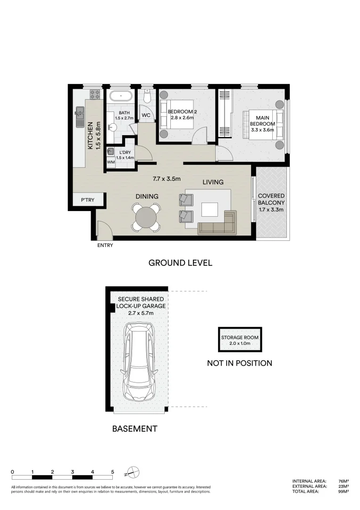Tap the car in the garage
(140, 362)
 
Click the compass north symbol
(134, 472)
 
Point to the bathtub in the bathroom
(121, 96)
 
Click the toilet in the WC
(148, 97)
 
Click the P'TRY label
(87, 200)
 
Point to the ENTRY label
(105, 246)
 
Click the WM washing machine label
(111, 162)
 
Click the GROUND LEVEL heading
(180, 263)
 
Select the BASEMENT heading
(134, 429)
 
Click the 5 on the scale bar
(112, 472)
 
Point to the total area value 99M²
(343, 492)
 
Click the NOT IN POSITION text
(239, 363)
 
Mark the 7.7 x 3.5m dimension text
(167, 179)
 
